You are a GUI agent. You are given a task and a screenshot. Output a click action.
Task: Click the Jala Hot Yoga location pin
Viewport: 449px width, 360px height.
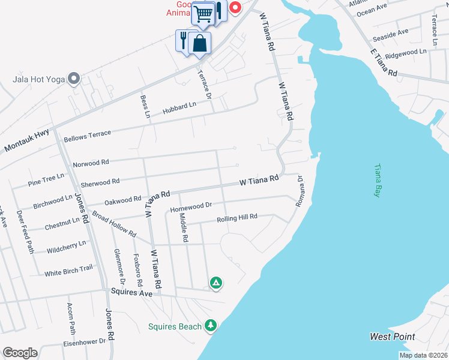[x=74, y=79]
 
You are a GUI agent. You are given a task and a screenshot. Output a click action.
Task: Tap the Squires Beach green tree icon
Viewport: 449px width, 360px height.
[x=210, y=325]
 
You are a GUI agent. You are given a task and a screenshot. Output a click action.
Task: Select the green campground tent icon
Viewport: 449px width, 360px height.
[x=215, y=282]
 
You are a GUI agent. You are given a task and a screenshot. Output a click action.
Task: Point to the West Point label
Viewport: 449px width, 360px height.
[x=393, y=337]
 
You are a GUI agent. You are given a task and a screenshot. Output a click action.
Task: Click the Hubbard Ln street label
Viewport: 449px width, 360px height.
[x=179, y=109]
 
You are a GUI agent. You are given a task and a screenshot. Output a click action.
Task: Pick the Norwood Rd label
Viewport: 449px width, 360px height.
[x=91, y=163]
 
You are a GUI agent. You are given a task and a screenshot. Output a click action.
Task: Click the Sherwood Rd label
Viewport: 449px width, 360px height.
[x=100, y=181]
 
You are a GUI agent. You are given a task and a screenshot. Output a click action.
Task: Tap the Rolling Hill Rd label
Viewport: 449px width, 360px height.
[x=237, y=217]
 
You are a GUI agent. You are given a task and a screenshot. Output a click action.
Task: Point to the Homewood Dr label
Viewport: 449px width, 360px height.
[x=191, y=207]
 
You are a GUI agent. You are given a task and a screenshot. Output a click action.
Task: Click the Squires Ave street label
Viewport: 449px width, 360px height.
[x=131, y=292]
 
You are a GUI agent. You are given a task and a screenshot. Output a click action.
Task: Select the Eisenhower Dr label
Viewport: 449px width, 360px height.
[x=85, y=342]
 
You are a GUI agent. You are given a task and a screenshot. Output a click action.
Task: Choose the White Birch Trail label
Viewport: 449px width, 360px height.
[x=68, y=271]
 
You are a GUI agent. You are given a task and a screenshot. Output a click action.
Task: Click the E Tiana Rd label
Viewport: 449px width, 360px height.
[x=385, y=63]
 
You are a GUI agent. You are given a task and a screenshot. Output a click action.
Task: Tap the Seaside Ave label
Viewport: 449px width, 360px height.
[x=390, y=35]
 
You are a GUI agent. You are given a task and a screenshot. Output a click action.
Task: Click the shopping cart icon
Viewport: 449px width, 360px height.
[x=204, y=13]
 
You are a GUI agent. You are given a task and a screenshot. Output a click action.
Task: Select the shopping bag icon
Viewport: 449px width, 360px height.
[x=200, y=43]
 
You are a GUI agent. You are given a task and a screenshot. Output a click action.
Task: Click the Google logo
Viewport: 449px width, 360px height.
[x=20, y=353]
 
